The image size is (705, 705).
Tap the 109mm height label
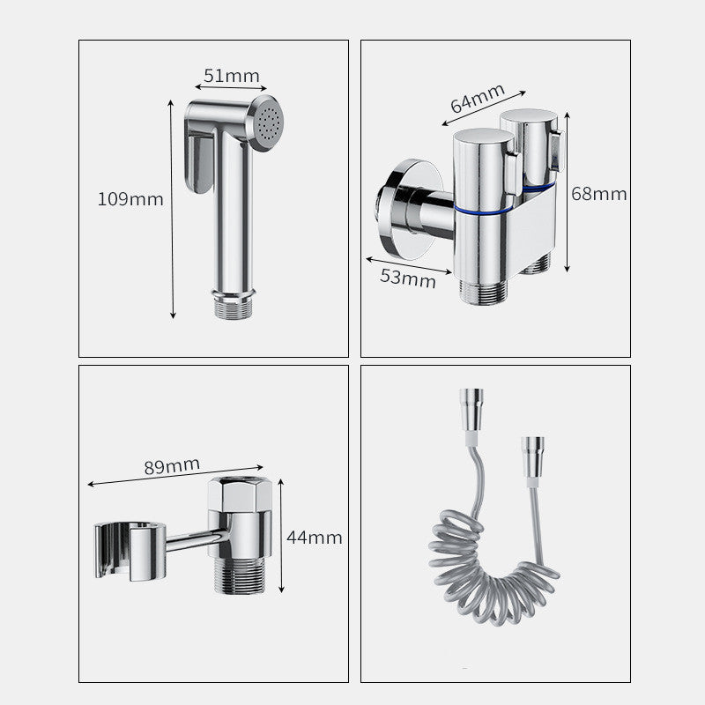[130, 199]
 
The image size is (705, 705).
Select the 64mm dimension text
[477, 97]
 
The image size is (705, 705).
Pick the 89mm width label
[172, 465]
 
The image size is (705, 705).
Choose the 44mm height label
[315, 538]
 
